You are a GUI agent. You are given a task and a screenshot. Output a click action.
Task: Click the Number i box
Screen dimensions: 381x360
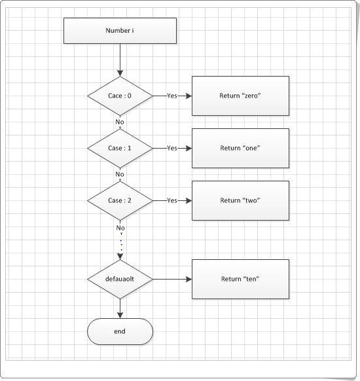coord(120,31)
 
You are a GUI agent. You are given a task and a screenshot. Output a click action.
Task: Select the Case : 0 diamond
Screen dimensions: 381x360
coord(120,96)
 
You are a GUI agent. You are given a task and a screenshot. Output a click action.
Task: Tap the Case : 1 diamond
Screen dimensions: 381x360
coord(120,148)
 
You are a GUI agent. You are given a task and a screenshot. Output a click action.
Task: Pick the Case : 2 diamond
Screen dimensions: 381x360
coord(120,200)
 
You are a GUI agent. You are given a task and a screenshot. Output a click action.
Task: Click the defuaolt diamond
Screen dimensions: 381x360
coord(120,279)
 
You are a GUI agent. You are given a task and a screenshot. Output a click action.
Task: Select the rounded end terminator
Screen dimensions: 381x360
coord(120,331)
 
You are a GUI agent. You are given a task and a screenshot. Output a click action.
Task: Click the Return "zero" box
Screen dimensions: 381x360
coord(240,96)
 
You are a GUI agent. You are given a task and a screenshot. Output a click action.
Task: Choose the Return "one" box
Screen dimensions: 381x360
coord(240,148)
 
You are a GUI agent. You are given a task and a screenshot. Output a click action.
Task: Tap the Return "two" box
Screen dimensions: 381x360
coord(240,200)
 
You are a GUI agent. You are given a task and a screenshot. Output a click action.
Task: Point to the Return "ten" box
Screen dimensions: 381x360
coord(240,279)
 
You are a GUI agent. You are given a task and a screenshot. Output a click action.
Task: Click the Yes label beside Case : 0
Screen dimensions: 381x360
coord(171,96)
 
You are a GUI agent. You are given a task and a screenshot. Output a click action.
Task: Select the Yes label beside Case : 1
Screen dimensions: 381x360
coord(171,148)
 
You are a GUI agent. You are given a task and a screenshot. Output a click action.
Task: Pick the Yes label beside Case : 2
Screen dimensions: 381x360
coord(171,200)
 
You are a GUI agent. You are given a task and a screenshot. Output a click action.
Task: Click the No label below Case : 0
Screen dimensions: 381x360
coord(120,122)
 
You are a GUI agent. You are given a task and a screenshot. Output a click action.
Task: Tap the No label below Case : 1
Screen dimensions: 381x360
coord(120,174)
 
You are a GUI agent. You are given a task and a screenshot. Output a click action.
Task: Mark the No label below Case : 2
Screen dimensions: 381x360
coord(120,227)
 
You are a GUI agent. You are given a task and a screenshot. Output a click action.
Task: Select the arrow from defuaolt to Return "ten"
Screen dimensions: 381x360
coord(171,279)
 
